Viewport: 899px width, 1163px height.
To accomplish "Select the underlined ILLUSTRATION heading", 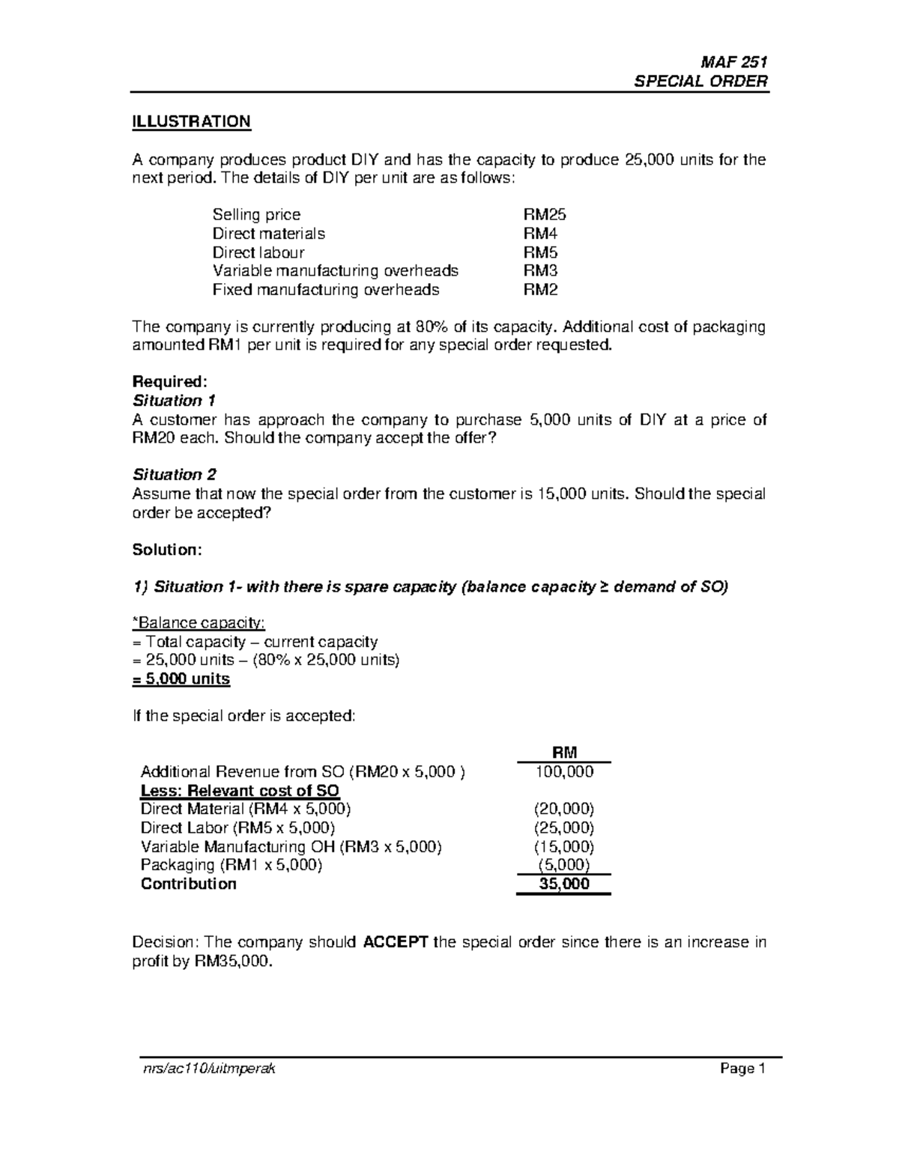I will (191, 121).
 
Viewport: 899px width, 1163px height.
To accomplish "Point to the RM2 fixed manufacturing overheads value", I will (540, 290).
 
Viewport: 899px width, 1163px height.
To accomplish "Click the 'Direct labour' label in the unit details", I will (258, 252).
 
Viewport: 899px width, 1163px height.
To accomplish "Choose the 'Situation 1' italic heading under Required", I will (174, 401).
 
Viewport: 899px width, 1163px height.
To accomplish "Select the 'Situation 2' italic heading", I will (174, 475).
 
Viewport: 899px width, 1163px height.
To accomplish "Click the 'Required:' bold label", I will (164, 382).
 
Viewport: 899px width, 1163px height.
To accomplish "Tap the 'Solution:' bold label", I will (167, 550).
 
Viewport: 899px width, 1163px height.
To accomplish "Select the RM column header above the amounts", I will (563, 753).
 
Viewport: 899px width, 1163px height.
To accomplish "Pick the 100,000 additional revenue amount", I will (563, 771).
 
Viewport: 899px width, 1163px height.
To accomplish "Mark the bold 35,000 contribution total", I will (564, 884).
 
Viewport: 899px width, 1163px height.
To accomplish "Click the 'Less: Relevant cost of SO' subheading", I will (240, 791).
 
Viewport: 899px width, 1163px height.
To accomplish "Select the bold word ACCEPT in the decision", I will (395, 942).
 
